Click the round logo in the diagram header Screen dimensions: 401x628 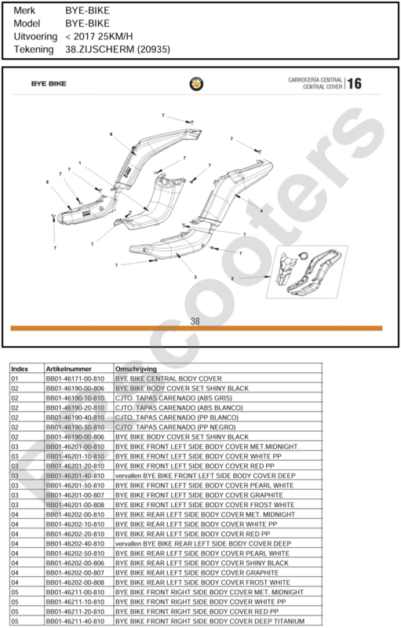tap(196, 84)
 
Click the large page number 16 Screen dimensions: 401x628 tap(354, 84)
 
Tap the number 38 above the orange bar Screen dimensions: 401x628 tap(195, 321)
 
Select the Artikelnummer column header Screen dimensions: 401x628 tap(68, 369)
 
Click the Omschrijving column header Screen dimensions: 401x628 tap(136, 369)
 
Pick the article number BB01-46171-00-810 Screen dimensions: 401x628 tap(75, 378)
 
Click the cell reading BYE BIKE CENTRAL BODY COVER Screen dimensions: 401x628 tap(169, 378)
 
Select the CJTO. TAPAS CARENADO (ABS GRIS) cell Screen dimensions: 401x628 tap(173, 398)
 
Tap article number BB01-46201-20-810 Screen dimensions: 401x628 tap(75, 466)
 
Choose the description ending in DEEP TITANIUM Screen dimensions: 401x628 tap(210, 622)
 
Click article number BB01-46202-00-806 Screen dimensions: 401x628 tap(75, 563)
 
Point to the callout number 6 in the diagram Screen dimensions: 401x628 tap(111, 134)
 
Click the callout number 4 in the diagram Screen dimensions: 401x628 tap(262, 210)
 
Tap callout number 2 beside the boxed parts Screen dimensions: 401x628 tap(232, 279)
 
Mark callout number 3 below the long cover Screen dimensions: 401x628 tap(195, 277)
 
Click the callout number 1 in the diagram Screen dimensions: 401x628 tap(80, 163)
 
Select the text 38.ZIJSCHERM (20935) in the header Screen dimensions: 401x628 tap(118, 49)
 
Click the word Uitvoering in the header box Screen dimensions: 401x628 tap(35, 37)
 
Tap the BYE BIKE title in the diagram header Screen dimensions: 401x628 tap(49, 84)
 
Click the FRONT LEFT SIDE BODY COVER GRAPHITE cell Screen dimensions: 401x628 tap(199, 495)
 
